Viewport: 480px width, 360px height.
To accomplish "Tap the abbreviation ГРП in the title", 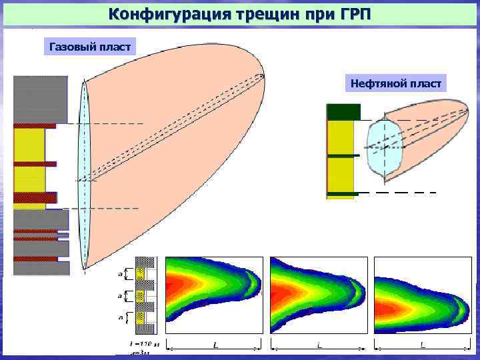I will click(x=347, y=14).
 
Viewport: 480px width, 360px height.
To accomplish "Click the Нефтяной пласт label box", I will click(x=396, y=83).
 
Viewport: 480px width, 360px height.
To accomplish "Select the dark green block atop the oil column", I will click(x=343, y=112).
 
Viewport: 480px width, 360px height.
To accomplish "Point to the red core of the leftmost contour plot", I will click(x=180, y=291).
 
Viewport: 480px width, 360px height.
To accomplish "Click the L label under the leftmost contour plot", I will click(x=215, y=345).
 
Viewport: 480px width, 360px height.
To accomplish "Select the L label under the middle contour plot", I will click(x=319, y=345).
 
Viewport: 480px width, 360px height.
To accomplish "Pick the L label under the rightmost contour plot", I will click(x=423, y=345).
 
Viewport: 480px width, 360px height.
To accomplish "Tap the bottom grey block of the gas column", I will click(x=41, y=268).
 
